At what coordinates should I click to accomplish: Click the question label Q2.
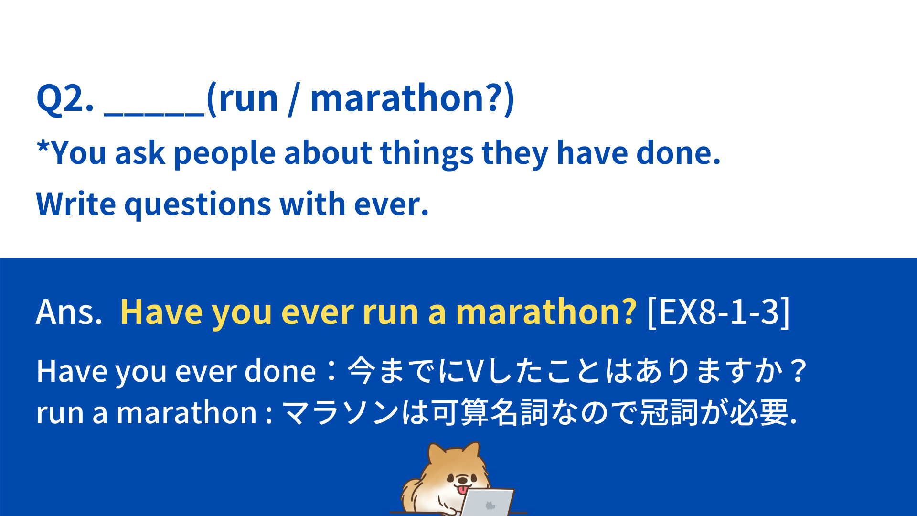tap(65, 99)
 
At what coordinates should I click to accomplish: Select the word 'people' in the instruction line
tap(224, 154)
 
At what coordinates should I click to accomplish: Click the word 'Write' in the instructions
tap(76, 204)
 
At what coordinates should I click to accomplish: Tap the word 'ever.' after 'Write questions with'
tap(391, 204)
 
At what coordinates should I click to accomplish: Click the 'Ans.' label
tap(69, 312)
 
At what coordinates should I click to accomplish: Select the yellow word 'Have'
tap(162, 312)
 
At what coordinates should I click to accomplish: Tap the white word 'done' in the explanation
tap(280, 371)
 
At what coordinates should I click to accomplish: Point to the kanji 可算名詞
tap(490, 412)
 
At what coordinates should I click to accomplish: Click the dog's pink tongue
tap(462, 490)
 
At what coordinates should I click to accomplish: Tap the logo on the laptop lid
tap(490, 505)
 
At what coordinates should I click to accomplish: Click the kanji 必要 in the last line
tap(759, 412)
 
